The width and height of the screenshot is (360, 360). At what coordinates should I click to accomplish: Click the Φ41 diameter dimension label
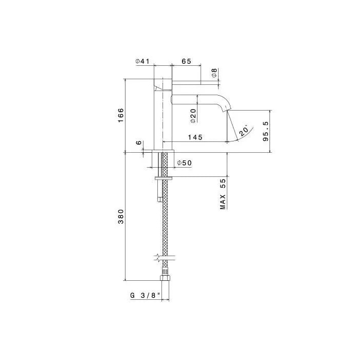click(x=142, y=61)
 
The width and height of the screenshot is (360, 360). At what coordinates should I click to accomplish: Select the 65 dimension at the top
click(x=186, y=61)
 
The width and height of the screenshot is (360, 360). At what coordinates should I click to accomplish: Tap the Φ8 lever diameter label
click(x=214, y=73)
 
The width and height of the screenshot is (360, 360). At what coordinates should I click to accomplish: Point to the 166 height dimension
click(x=121, y=115)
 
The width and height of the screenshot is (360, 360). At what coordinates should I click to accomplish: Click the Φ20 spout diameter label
click(x=193, y=116)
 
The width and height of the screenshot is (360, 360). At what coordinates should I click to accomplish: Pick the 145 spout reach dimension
click(x=195, y=137)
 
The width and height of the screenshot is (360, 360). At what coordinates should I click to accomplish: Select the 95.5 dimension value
click(x=265, y=131)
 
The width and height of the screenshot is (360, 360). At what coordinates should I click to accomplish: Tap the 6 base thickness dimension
click(x=139, y=143)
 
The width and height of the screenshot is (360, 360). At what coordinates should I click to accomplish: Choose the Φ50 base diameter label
click(x=184, y=163)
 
